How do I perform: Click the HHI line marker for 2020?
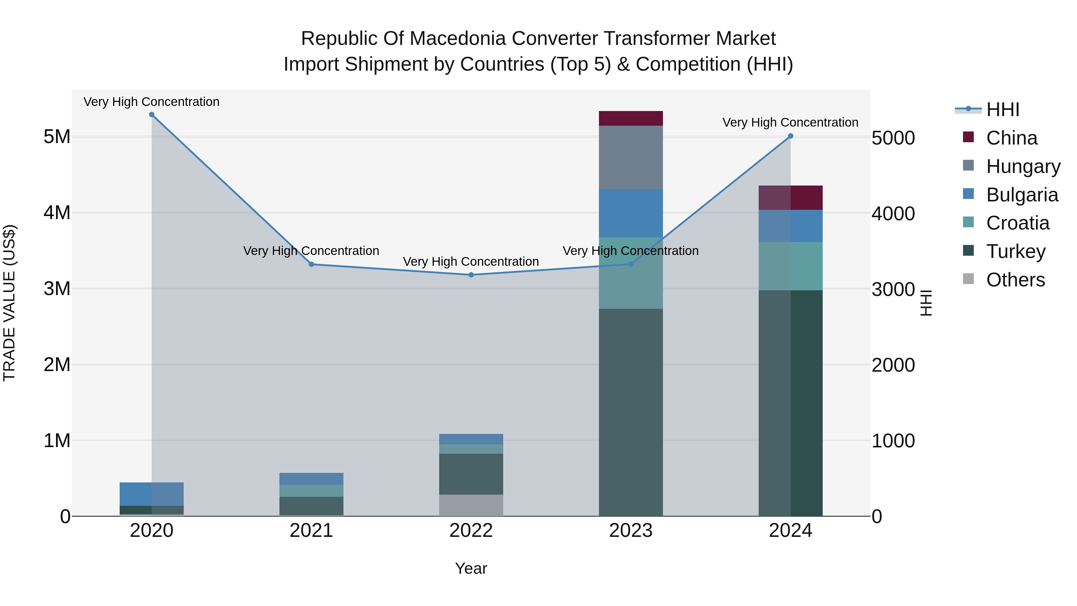[152, 115]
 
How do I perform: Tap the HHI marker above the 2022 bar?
[471, 275]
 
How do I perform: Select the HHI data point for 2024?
[791, 136]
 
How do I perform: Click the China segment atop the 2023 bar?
[631, 118]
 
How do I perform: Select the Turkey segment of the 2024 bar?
[791, 403]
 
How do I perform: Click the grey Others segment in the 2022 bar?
[471, 505]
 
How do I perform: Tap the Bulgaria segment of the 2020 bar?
[152, 494]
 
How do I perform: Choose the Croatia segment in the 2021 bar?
[311, 490]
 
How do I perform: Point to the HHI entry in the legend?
[1002, 110]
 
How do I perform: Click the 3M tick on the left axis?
[57, 288]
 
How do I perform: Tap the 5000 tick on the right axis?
[893, 138]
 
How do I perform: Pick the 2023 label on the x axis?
[631, 531]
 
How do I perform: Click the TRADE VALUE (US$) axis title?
[9, 303]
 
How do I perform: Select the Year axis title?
[471, 568]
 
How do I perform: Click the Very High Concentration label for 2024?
[790, 122]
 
